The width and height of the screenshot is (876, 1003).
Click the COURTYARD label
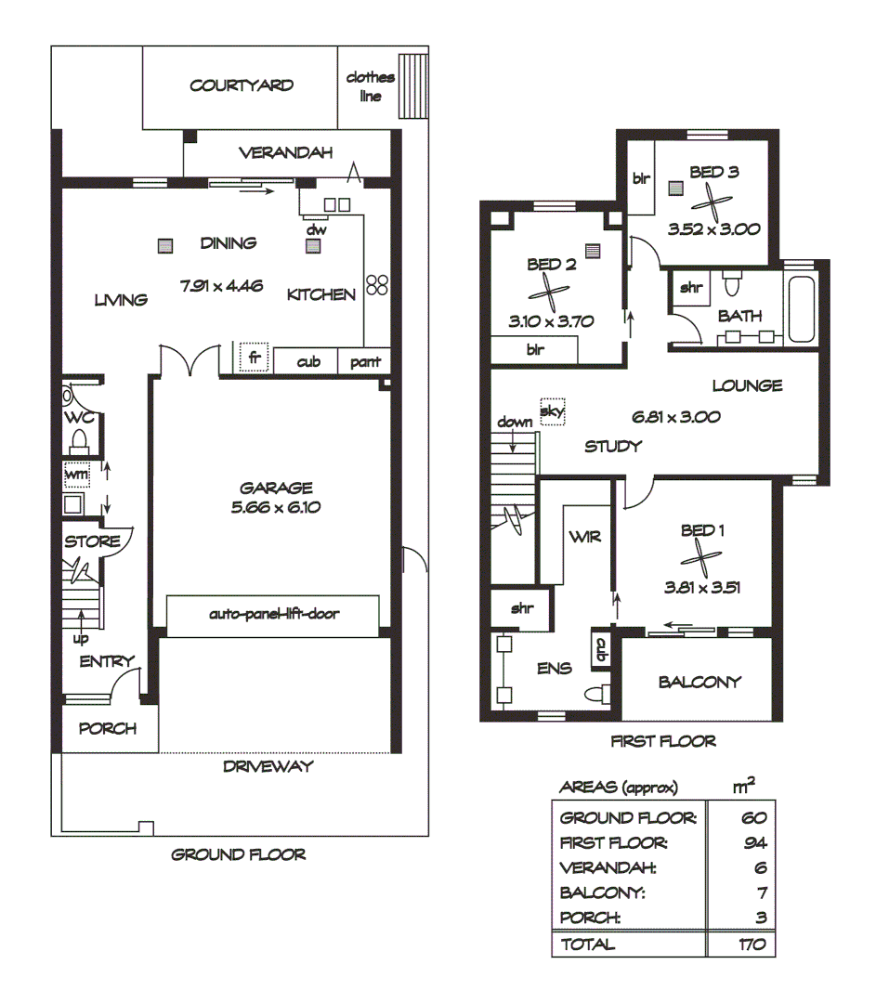pyautogui.click(x=242, y=85)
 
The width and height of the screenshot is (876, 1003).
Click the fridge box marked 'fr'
pyautogui.click(x=253, y=357)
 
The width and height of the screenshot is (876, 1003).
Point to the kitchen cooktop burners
pyautogui.click(x=376, y=285)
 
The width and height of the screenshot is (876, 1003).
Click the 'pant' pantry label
pyautogui.click(x=364, y=362)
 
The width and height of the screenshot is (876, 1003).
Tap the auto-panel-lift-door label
pyautogui.click(x=272, y=614)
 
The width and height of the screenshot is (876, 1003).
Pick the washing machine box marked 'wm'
pyautogui.click(x=75, y=475)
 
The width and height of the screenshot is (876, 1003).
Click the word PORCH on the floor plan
pyautogui.click(x=106, y=729)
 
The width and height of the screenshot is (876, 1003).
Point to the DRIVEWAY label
pyautogui.click(x=268, y=766)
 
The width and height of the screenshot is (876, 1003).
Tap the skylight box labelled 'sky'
pyautogui.click(x=552, y=410)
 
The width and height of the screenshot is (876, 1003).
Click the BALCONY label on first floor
pyautogui.click(x=699, y=683)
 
